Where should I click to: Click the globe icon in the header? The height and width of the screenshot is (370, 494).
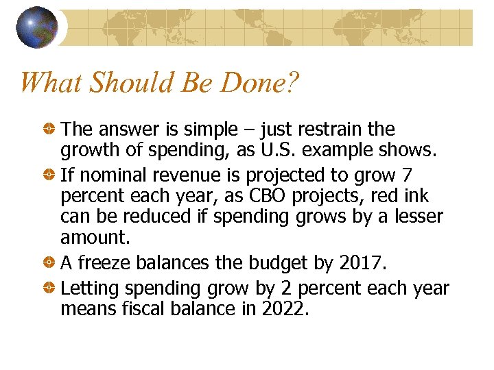pos(37,27)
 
